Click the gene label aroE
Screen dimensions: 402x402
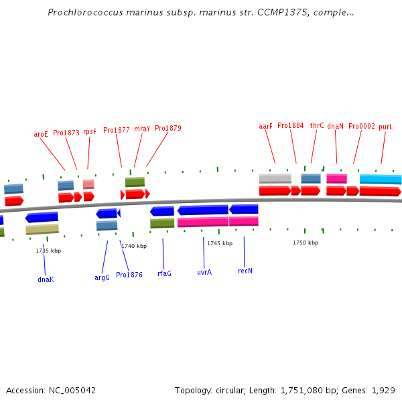click(x=41, y=134)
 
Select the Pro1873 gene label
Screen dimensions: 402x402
click(x=66, y=133)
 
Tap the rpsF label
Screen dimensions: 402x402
click(x=90, y=132)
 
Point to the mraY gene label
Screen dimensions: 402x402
click(x=142, y=129)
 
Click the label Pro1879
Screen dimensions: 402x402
click(x=168, y=128)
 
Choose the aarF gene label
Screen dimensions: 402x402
click(x=266, y=126)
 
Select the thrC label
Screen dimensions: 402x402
click(x=317, y=125)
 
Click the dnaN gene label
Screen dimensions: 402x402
click(x=335, y=126)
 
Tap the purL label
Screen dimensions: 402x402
click(x=385, y=127)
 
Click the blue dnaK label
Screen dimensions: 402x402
click(x=46, y=279)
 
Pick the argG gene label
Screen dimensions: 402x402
click(x=102, y=277)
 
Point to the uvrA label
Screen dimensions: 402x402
click(x=204, y=273)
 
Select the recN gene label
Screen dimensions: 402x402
click(x=245, y=271)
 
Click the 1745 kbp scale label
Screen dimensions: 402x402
click(x=220, y=243)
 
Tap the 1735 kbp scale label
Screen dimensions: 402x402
click(x=48, y=251)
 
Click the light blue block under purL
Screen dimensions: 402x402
click(x=381, y=179)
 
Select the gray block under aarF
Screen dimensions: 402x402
click(x=275, y=178)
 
